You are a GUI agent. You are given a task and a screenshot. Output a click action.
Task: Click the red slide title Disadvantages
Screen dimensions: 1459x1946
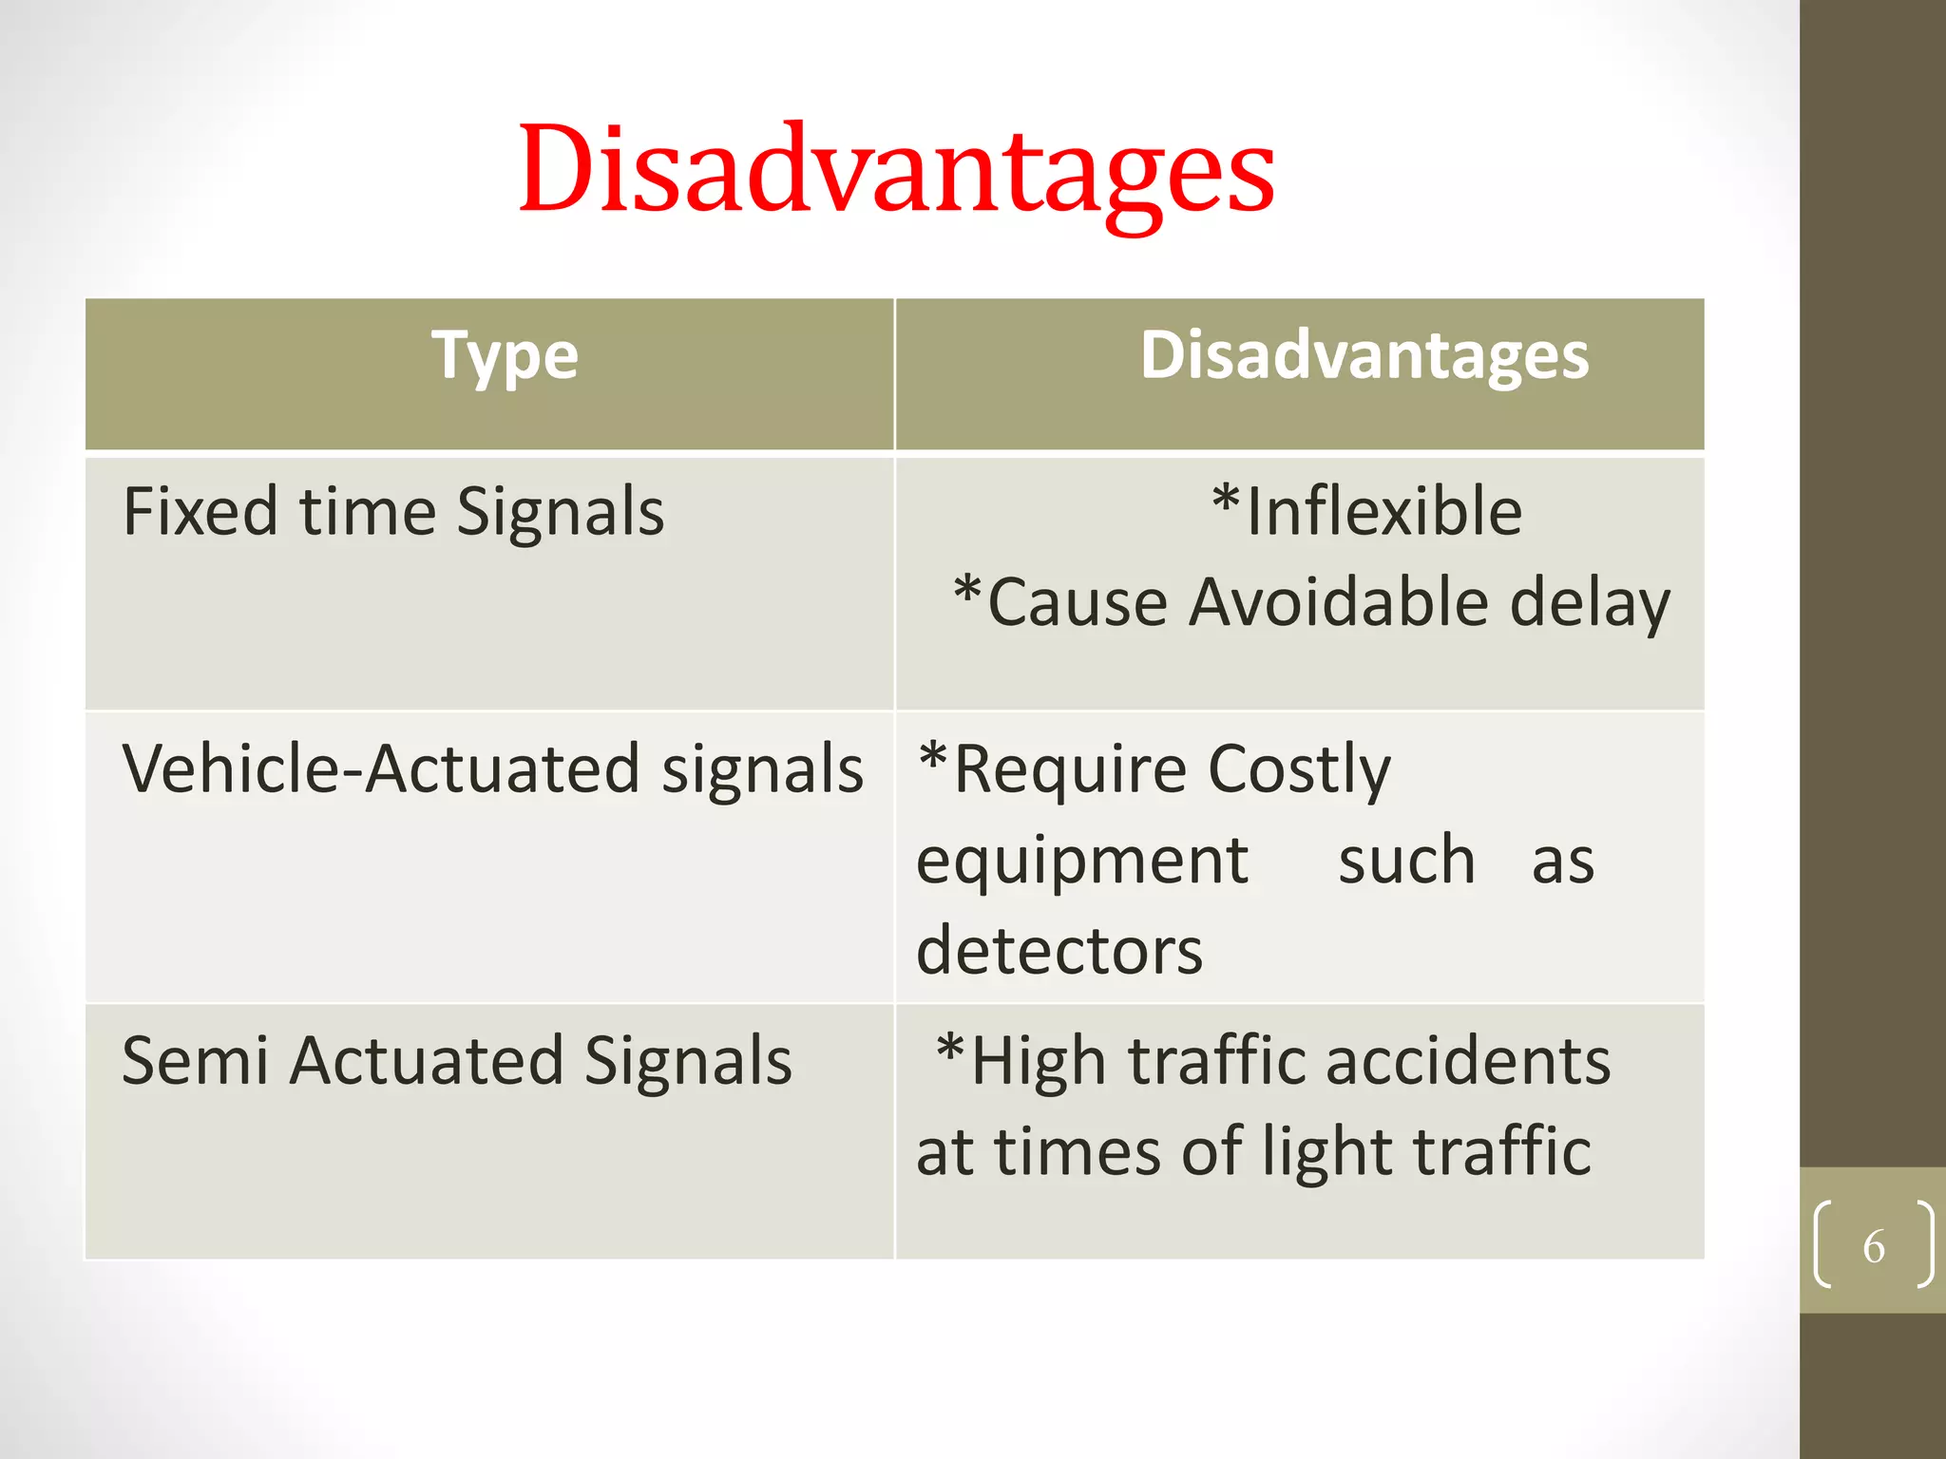[896, 171]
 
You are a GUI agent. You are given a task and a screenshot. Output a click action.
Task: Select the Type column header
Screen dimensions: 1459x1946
[505, 356]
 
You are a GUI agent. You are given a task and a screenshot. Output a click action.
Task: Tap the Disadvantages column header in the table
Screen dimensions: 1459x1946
[1364, 356]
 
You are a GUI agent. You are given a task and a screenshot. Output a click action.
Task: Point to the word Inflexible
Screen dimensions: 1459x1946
[1383, 512]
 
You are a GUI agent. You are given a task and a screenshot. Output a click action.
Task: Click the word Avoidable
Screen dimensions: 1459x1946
[1338, 603]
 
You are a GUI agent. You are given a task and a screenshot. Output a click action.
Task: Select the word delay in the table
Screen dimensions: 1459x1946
[1590, 605]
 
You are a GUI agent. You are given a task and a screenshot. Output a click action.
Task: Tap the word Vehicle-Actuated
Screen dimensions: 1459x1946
[380, 768]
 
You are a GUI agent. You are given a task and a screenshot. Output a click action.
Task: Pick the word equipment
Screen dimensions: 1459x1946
[1082, 862]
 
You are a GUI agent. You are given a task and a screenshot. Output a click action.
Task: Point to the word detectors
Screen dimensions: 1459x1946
[1059, 951]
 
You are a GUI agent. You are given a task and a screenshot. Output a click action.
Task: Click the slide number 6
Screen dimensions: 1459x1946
[1873, 1246]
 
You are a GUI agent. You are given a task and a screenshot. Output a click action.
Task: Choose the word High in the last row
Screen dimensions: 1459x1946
[1038, 1061]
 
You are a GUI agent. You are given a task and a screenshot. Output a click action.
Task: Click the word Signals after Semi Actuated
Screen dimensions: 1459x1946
[687, 1061]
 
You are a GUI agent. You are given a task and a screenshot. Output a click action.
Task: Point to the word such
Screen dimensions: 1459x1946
[1406, 861]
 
